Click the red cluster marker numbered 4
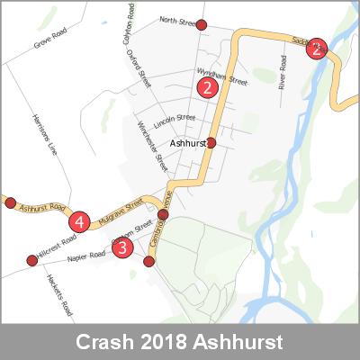[80, 220]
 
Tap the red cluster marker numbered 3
[122, 246]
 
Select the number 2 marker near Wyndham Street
[207, 87]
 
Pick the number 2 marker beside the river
[316, 49]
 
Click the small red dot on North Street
[202, 24]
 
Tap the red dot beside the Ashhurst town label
[211, 142]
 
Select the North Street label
[176, 20]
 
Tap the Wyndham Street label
[221, 77]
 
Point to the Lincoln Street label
[175, 118]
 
